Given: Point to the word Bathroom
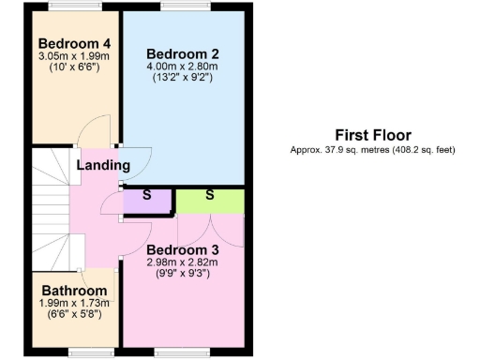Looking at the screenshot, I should pyautogui.click(x=73, y=291).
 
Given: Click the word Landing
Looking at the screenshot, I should pyautogui.click(x=103, y=165).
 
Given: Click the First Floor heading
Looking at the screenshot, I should pyautogui.click(x=372, y=135).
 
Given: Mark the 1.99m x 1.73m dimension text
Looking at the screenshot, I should pyautogui.click(x=73, y=303).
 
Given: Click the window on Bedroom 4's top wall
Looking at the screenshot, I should pyautogui.click(x=75, y=7).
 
